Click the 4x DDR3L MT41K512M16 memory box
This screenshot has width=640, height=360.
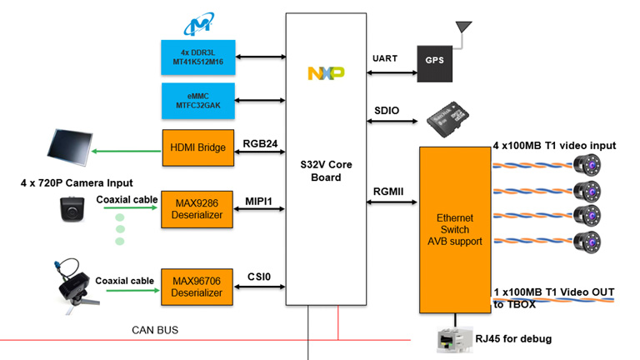tap(197, 57)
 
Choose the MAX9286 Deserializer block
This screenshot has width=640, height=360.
tap(197, 208)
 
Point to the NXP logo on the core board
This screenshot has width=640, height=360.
tap(326, 74)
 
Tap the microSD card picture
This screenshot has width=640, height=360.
tap(444, 115)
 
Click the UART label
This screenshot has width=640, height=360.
tap(385, 58)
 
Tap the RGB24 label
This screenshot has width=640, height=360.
tap(259, 142)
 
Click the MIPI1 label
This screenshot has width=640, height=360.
tap(259, 201)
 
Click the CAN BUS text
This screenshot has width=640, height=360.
tap(155, 331)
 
